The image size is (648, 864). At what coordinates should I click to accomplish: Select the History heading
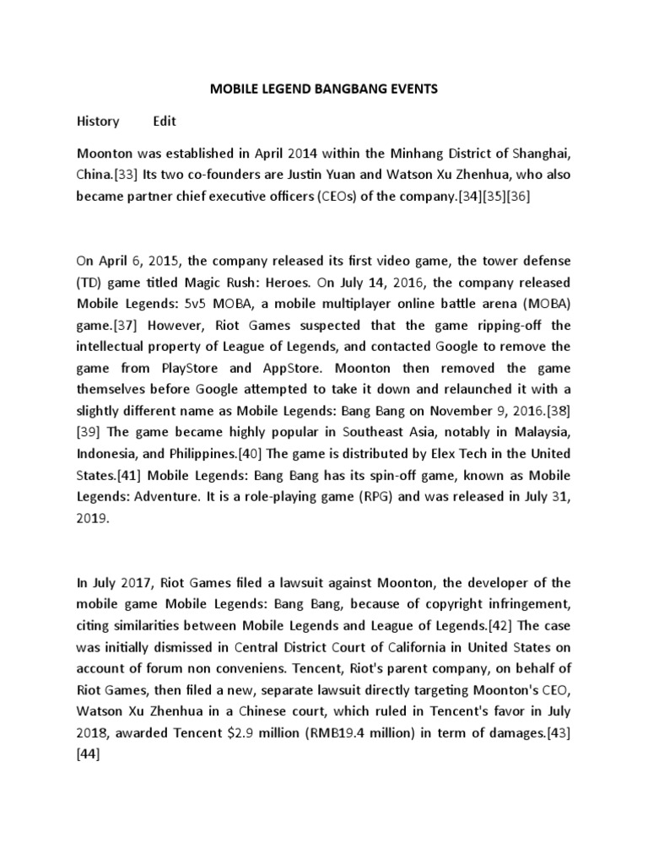pos(98,121)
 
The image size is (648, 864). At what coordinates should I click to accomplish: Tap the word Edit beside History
pos(165,121)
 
